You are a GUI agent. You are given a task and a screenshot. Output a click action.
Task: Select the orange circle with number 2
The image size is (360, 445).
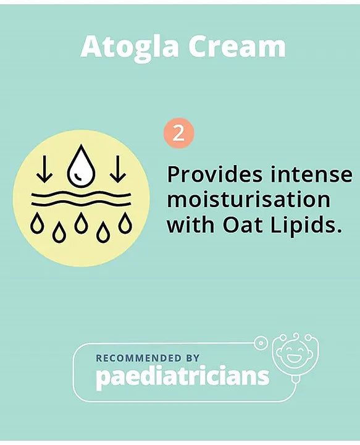[178, 133]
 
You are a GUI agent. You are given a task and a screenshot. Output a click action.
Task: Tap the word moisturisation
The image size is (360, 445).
[248, 200]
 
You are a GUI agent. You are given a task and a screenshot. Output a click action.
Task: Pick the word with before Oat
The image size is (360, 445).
[189, 224]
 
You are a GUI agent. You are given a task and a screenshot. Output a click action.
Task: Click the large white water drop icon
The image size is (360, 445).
[80, 166]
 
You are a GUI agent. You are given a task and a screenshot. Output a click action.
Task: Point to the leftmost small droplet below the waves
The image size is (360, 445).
[38, 224]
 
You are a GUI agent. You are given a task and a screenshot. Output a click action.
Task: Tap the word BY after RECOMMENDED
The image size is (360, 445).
[191, 358]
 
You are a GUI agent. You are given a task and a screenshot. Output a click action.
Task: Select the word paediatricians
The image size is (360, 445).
[182, 376]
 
